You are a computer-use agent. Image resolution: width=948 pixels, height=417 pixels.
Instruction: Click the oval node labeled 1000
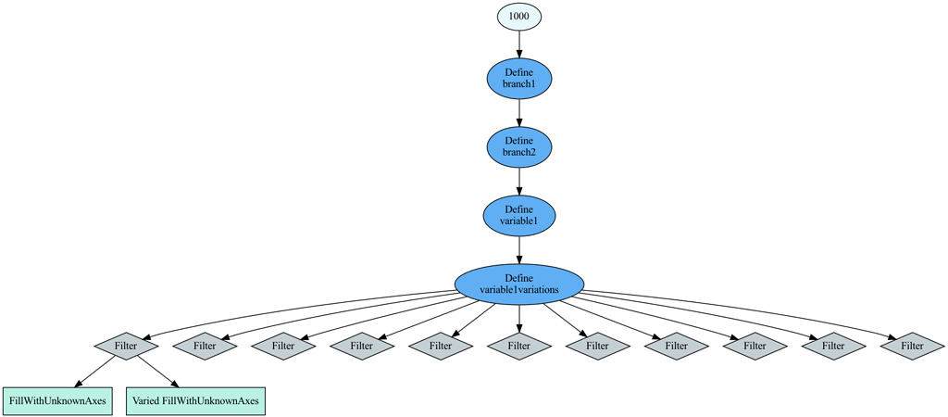coord(518,17)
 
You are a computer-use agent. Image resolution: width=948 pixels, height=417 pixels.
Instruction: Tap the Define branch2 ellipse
coord(518,146)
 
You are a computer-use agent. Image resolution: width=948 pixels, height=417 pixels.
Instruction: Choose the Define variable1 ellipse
coord(518,215)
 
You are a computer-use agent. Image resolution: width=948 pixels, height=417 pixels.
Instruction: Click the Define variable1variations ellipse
coord(518,284)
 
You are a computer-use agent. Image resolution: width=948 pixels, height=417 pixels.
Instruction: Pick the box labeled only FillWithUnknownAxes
coord(57,401)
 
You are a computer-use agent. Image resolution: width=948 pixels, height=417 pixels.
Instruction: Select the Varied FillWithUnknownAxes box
coord(195,401)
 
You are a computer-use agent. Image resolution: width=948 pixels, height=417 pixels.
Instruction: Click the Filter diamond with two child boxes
coord(126,346)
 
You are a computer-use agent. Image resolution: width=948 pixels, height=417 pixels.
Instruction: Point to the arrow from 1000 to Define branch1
coord(518,44)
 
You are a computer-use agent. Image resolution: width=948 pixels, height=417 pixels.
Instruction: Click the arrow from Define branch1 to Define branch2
coord(518,112)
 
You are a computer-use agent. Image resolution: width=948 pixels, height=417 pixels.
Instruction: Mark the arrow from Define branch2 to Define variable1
coord(518,181)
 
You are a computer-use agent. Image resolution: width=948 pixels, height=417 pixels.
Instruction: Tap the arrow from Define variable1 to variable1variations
coord(518,249)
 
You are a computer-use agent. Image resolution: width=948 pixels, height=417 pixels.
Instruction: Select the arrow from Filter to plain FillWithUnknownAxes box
coord(93,373)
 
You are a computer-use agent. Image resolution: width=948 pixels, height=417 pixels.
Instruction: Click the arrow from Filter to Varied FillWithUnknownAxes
coord(159,373)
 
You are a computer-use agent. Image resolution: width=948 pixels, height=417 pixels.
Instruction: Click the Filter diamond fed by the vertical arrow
coord(518,346)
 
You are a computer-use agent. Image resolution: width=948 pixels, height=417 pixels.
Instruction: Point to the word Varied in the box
coord(146,401)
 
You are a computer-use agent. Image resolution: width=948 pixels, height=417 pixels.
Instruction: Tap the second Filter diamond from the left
coord(205,346)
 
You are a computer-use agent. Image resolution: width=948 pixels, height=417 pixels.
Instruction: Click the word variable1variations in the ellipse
coord(518,290)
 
